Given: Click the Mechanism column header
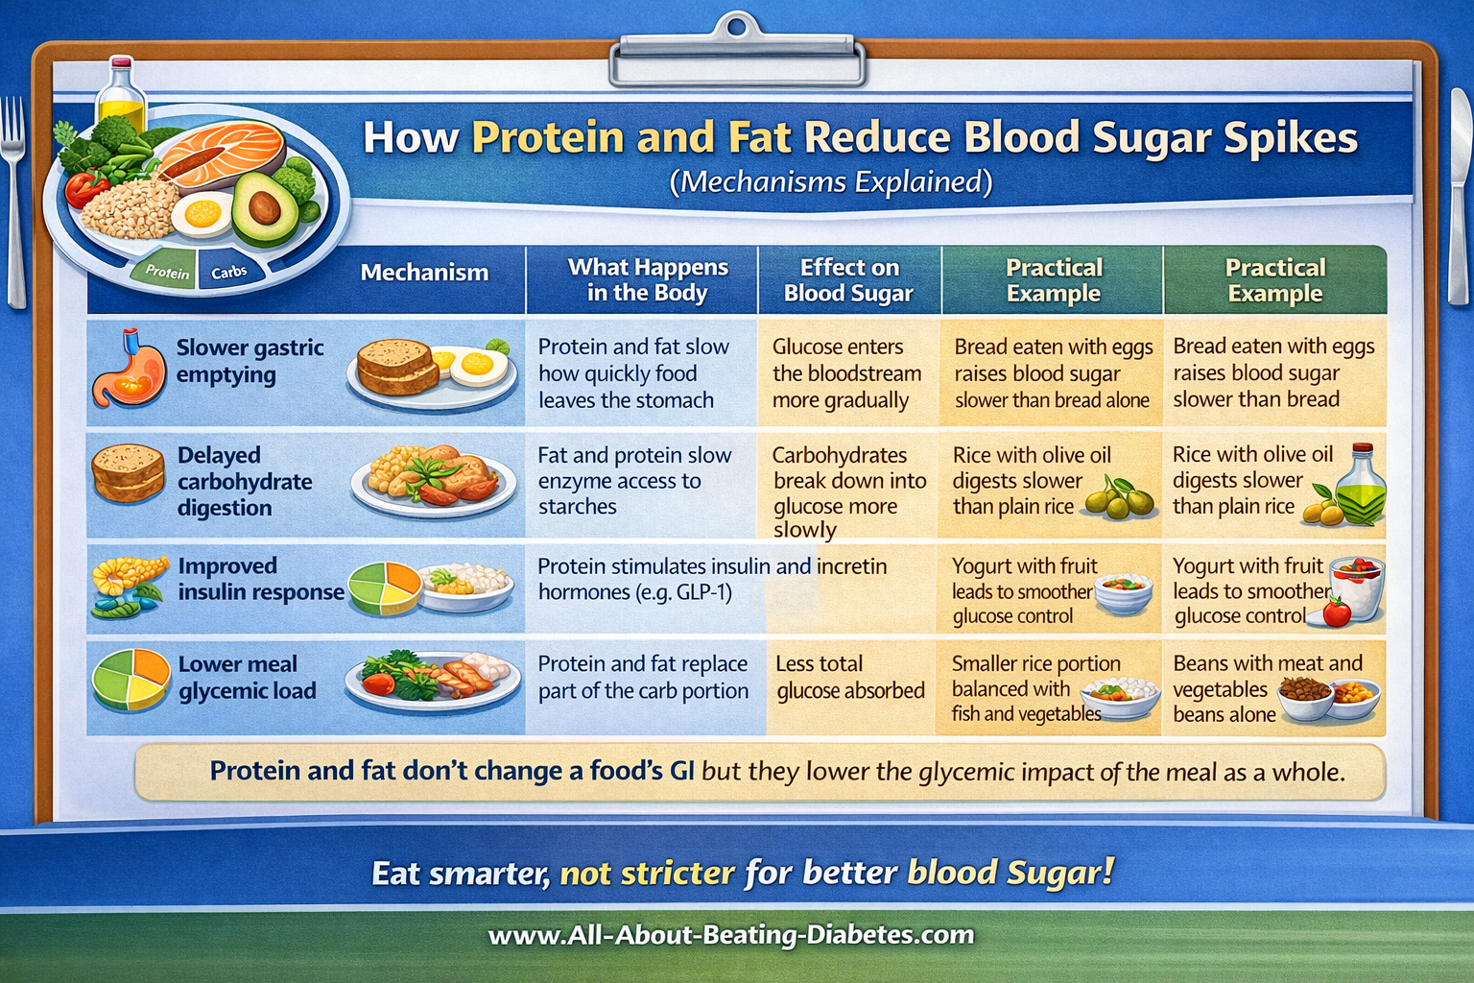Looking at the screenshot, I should point(424,273).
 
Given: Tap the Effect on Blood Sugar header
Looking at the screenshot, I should point(848,280).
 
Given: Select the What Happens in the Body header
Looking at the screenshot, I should point(648,280).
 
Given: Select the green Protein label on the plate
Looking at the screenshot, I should point(167,272).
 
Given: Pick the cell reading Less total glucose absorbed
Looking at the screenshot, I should point(850,678).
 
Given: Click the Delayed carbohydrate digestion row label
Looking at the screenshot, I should point(245,481).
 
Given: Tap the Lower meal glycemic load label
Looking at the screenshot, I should point(247,678).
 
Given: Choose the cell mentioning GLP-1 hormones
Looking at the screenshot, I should point(711,580).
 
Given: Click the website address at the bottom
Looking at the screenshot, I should point(731,935).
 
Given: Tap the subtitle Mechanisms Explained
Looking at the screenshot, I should point(831,182).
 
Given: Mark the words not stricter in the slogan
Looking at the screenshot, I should point(647,874).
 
